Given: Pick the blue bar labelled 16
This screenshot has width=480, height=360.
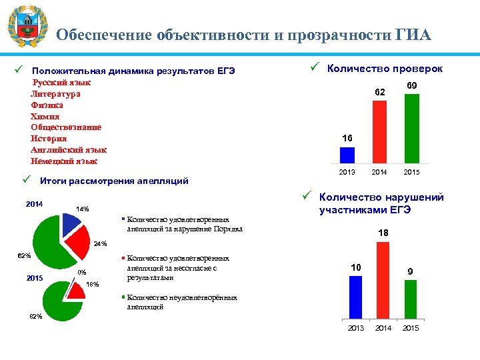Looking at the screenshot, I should [x=347, y=155].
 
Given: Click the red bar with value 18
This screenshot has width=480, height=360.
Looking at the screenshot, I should [x=383, y=280].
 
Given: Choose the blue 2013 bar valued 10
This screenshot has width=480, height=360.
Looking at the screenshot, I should [x=355, y=297].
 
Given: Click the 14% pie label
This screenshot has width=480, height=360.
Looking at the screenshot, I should [x=83, y=209].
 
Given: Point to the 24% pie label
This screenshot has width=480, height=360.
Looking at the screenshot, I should [x=100, y=243].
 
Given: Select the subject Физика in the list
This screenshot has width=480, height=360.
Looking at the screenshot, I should [x=47, y=105].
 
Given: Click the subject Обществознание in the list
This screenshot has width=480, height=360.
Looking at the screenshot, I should [x=66, y=127].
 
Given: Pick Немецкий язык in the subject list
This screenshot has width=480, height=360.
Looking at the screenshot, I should [x=64, y=161].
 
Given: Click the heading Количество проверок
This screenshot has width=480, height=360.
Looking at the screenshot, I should [x=385, y=69].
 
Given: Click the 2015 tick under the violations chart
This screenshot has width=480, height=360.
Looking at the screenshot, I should [x=411, y=329].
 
